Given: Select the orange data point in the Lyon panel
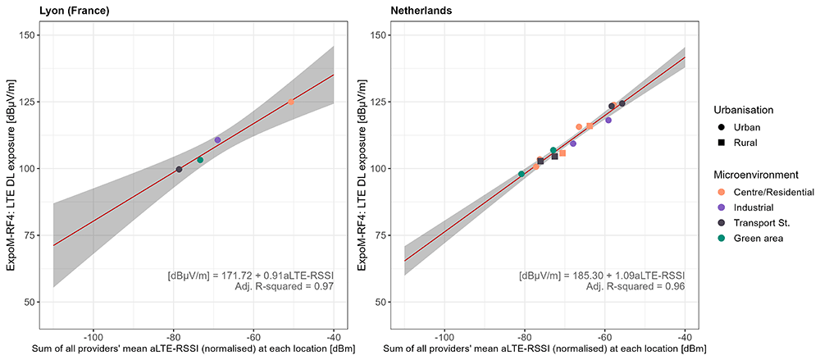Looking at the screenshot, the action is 291,102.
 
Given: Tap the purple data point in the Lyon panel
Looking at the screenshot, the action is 217,139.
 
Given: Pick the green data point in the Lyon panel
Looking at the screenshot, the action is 200,160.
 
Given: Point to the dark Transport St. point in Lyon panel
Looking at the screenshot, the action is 179,170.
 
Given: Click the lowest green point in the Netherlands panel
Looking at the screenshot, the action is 521,174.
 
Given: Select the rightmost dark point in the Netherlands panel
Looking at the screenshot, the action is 622,103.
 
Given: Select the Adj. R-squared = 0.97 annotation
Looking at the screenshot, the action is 285,285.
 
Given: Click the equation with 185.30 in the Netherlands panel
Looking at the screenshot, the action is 602,275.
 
